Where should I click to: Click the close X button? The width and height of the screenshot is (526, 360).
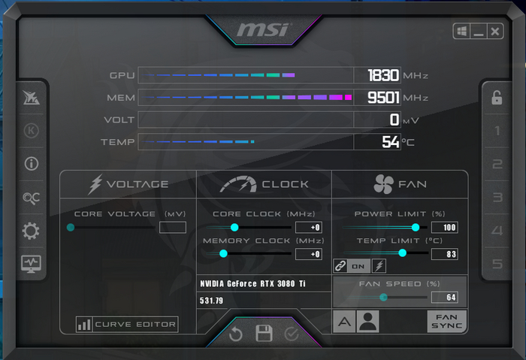495,32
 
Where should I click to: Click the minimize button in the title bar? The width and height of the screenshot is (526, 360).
479,32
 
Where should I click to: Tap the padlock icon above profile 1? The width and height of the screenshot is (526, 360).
497,98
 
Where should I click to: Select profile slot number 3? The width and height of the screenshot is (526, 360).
497,198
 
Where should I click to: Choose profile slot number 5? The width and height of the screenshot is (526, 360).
497,264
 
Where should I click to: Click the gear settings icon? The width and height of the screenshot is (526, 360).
32,231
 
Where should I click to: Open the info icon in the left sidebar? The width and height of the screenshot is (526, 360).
32,164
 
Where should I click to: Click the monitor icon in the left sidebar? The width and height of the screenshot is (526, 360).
32,264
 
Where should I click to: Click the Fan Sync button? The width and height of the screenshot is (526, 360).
446,322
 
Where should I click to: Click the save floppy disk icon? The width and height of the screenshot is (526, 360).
263,334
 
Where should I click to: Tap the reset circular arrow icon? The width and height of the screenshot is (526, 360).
236,334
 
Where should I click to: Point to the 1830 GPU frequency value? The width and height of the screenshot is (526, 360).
383,76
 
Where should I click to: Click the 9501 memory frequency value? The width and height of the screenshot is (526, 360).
383,98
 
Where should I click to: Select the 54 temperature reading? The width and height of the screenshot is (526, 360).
390,141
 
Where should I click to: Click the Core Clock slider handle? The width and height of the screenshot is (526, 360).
234,227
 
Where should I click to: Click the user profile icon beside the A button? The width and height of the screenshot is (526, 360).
367,322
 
